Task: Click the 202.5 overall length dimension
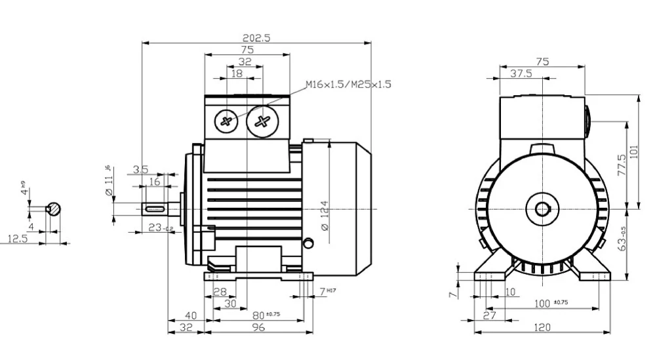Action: tap(256, 37)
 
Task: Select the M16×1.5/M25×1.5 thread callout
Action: tap(348, 85)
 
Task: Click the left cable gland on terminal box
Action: tap(228, 121)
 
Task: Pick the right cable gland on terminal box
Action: tap(264, 121)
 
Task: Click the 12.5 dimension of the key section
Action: tap(18, 239)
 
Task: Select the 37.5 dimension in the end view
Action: tap(521, 73)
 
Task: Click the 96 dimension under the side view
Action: tap(258, 327)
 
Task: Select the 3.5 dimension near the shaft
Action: tap(140, 170)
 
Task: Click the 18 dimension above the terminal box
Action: tap(237, 74)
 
